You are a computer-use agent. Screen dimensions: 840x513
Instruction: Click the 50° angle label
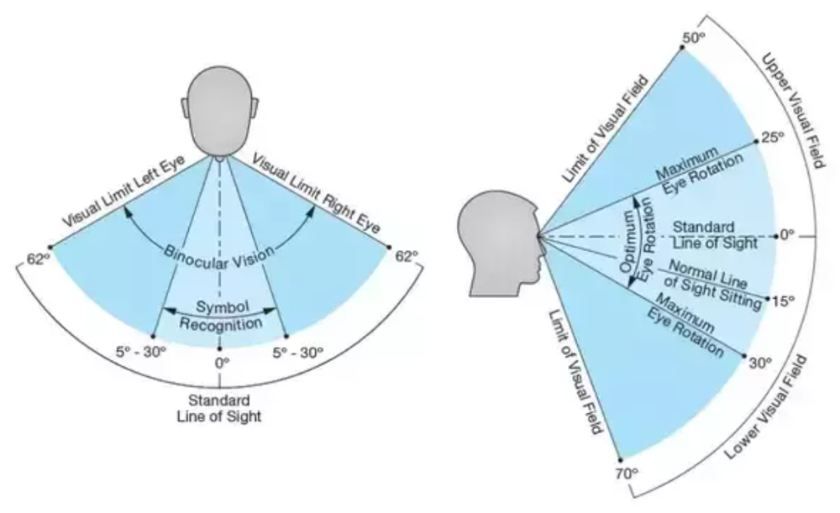pyautogui.click(x=695, y=38)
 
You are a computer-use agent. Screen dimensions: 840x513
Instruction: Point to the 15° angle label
pyautogui.click(x=784, y=301)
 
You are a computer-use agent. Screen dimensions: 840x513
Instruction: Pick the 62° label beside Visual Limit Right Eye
pyautogui.click(x=407, y=256)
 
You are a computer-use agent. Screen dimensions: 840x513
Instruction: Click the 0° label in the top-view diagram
pyautogui.click(x=221, y=363)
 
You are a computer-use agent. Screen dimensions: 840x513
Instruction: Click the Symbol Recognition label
pyautogui.click(x=219, y=314)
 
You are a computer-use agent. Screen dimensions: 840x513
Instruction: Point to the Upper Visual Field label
pyautogui.click(x=789, y=109)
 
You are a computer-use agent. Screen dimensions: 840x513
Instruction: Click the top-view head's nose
pyautogui.click(x=220, y=158)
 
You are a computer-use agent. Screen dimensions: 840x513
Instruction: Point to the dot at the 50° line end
pyautogui.click(x=681, y=46)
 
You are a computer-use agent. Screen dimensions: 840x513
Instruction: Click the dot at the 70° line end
pyautogui.click(x=621, y=459)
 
